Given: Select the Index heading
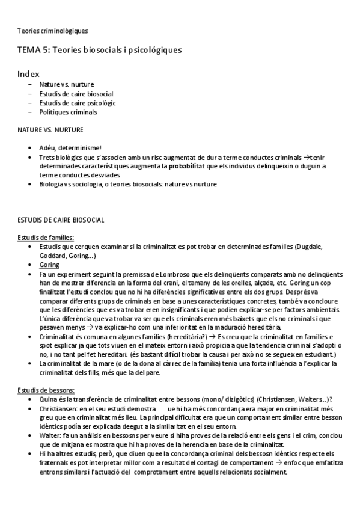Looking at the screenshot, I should point(28,74).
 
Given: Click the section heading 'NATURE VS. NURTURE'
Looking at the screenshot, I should point(50,129).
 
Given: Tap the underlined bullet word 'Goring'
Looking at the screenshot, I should point(49,265).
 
